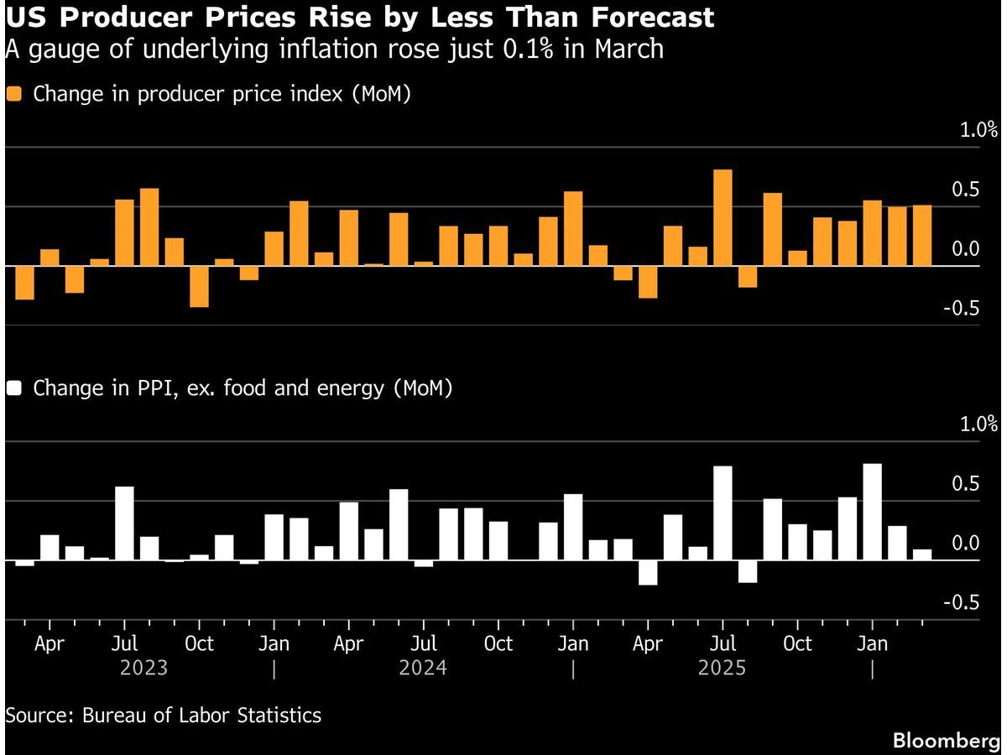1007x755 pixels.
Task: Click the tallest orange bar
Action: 723,217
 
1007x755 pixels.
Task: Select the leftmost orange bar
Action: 25,283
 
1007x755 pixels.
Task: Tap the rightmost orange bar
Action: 921,236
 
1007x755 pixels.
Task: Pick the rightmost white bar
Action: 921,555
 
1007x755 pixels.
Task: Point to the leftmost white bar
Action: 25,563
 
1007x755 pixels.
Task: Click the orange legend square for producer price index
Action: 14,94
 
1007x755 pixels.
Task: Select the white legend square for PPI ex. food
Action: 14,388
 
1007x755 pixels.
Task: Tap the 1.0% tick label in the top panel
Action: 978,130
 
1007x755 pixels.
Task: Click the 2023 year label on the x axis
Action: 143,669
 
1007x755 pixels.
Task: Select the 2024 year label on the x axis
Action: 422,669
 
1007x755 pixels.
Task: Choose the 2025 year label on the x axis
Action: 722,669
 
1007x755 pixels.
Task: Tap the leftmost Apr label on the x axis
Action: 50,644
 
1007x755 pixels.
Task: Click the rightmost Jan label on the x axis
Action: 872,644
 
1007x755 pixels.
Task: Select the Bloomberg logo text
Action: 946,741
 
